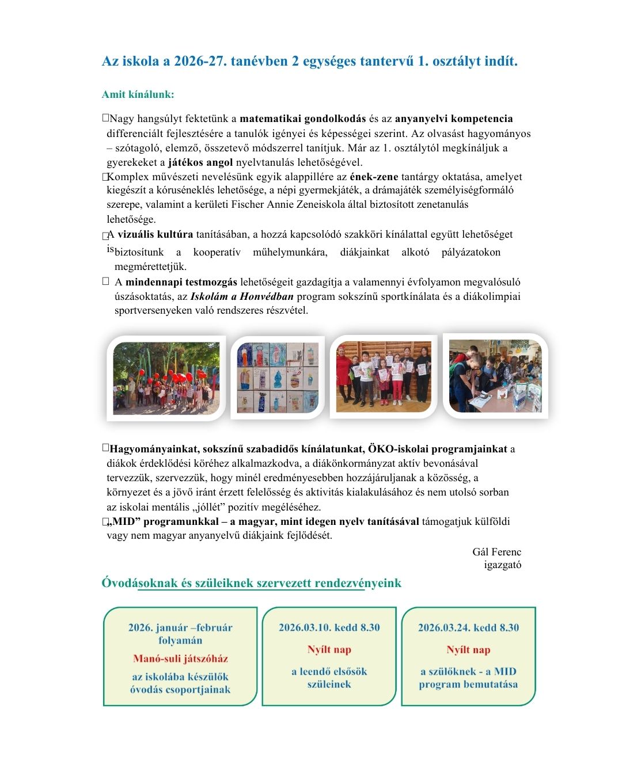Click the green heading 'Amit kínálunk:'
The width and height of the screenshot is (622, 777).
pyautogui.click(x=138, y=94)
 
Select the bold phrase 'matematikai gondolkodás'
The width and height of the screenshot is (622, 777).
pyautogui.click(x=302, y=119)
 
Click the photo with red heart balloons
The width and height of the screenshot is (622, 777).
pyautogui.click(x=166, y=378)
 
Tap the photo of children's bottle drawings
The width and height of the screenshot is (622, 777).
pyautogui.click(x=278, y=378)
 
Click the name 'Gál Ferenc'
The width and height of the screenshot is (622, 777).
pyautogui.click(x=496, y=552)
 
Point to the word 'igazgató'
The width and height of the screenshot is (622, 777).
pyautogui.click(x=503, y=565)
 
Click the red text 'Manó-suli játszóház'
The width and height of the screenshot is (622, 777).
pyautogui.click(x=180, y=659)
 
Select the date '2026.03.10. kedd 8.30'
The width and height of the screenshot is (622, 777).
pyautogui.click(x=329, y=628)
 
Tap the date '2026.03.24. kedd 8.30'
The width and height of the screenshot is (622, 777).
pyautogui.click(x=468, y=628)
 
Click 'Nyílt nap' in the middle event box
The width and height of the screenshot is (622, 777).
pyautogui.click(x=329, y=650)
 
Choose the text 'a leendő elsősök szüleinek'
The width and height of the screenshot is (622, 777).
pyautogui.click(x=329, y=678)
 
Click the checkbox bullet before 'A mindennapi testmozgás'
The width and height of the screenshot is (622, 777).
pyautogui.click(x=105, y=281)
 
